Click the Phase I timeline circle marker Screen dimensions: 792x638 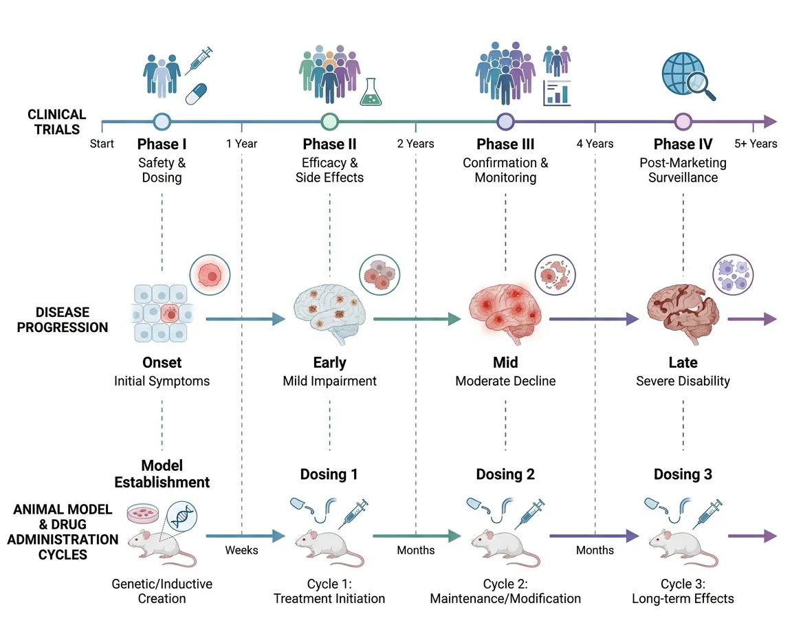[162, 122]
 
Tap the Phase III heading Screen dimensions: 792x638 [505, 144]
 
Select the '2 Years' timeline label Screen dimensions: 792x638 [415, 144]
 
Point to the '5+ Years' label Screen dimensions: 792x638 [756, 144]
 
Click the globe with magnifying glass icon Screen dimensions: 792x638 [688, 76]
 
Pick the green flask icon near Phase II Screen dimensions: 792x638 [371, 92]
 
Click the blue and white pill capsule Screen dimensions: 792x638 [196, 94]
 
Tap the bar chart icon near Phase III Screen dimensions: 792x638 [557, 93]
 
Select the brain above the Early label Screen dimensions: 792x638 [329, 314]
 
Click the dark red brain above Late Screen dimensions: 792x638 [683, 314]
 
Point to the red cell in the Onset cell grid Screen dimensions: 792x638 [170, 313]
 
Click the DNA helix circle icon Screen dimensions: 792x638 [181, 517]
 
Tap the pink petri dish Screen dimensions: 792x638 [143, 513]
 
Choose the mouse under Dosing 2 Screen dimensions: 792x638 [505, 548]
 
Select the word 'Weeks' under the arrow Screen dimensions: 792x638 [241, 550]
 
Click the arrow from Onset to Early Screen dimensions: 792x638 [245, 319]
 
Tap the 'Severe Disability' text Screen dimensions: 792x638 [683, 381]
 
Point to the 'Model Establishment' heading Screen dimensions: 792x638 [162, 474]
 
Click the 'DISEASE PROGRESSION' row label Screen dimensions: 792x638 [63, 320]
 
